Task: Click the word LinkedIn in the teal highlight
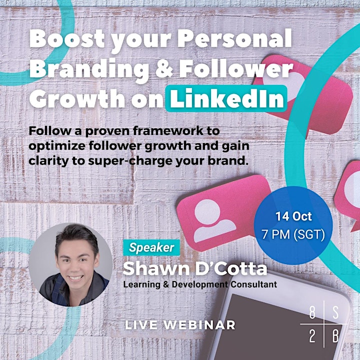pos(226,98)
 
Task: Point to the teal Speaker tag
pos(151,247)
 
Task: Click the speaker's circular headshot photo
pos(70,264)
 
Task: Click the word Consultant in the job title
pos(253,284)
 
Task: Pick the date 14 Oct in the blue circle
pos(293,216)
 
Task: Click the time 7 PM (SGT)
pos(293,234)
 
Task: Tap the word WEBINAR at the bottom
pos(199,325)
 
